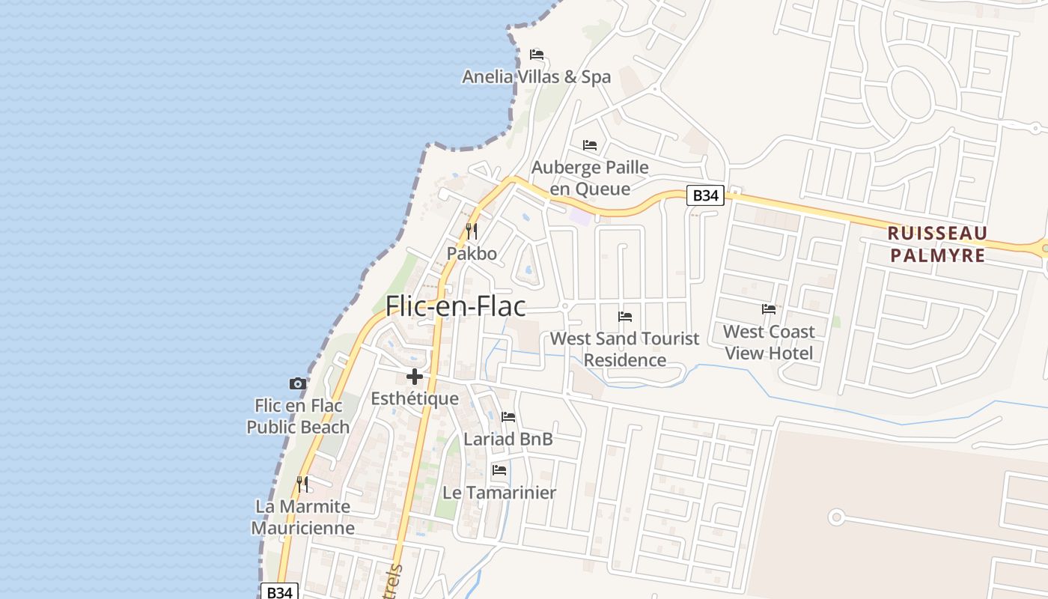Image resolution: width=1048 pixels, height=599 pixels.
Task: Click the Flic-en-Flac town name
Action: click(455, 306)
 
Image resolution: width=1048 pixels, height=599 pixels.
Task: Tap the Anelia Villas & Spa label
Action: click(536, 76)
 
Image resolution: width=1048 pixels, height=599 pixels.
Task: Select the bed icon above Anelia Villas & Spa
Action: click(536, 55)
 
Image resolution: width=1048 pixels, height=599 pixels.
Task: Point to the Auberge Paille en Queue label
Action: click(590, 177)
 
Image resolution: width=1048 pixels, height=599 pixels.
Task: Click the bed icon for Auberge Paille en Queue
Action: click(590, 145)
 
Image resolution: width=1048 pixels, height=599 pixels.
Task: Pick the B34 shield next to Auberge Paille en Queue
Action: click(705, 195)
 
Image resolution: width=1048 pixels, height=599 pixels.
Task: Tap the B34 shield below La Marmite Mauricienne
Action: click(279, 592)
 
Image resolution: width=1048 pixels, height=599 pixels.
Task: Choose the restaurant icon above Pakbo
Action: click(472, 231)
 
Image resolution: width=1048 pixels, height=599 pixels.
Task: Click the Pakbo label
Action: click(472, 253)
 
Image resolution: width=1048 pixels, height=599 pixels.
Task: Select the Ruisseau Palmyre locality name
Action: click(937, 244)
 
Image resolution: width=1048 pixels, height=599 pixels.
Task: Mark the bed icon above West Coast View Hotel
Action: click(769, 308)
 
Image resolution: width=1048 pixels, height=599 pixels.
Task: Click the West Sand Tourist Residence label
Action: click(624, 349)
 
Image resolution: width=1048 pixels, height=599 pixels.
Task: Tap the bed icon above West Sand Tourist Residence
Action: click(625, 316)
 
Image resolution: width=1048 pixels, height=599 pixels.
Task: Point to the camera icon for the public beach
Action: click(298, 383)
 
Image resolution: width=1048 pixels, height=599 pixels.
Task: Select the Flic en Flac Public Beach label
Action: click(298, 416)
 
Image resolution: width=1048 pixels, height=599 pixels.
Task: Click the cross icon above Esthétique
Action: click(415, 377)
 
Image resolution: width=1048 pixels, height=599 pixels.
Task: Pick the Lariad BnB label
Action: click(508, 439)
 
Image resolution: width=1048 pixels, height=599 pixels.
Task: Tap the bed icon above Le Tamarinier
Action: click(499, 470)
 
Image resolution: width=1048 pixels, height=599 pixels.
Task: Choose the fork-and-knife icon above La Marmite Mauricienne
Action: click(302, 484)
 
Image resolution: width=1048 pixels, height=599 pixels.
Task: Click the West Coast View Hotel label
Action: click(769, 342)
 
